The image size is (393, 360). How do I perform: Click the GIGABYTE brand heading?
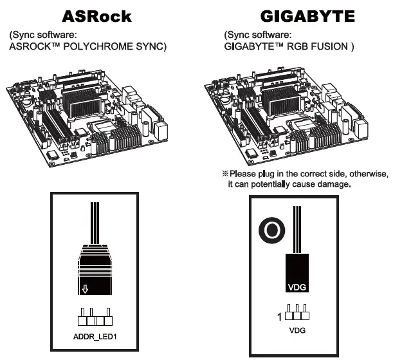pos(307,15)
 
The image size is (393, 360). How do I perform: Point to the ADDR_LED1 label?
pos(95,336)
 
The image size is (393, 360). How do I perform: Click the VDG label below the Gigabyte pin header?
pos(297,330)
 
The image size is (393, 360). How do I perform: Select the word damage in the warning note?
pos(333,184)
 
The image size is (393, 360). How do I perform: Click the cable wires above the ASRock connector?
pos(95,222)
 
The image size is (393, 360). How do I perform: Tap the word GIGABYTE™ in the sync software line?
pos(254,46)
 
